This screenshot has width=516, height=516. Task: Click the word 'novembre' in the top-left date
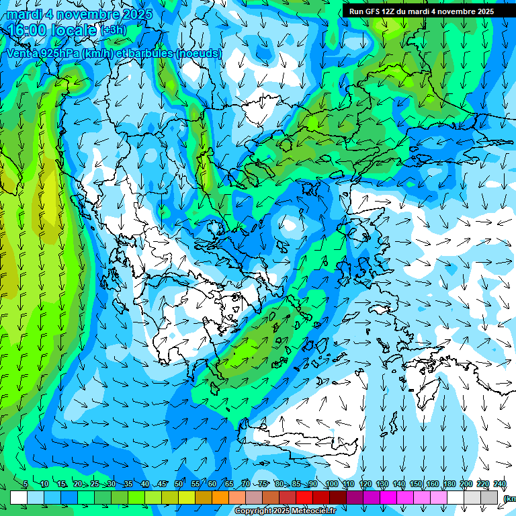point(87,14)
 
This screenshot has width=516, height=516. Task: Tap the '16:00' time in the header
point(28,30)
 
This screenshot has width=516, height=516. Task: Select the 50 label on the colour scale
point(179,484)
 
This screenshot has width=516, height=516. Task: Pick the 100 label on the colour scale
point(332,484)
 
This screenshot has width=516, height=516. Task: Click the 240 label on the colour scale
point(500,484)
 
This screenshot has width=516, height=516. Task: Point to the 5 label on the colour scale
point(26,484)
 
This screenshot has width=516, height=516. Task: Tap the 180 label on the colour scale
point(449,484)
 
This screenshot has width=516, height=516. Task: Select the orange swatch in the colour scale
point(220,497)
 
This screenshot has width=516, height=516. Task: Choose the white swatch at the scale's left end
point(19,497)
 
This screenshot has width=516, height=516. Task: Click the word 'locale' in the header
point(75,30)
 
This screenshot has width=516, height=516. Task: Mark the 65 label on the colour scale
point(229,484)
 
